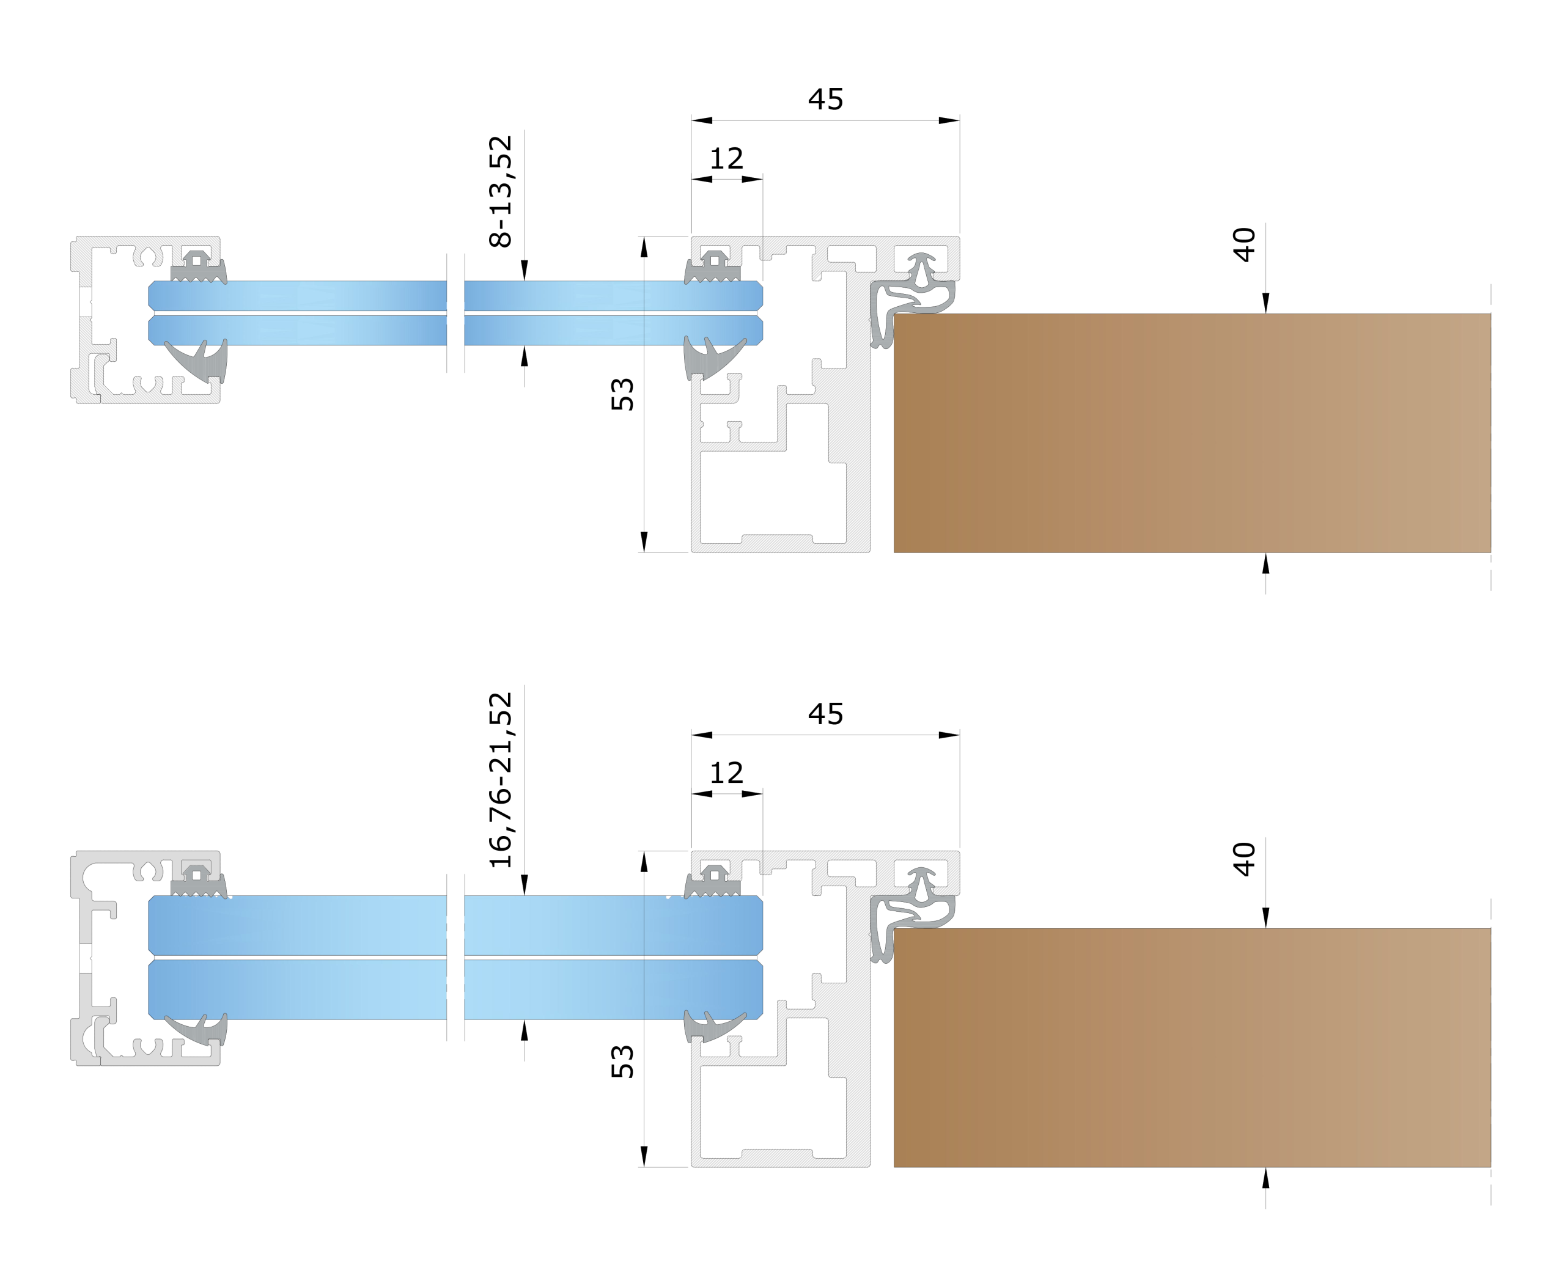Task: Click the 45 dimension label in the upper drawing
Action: click(826, 99)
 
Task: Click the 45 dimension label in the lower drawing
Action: click(826, 714)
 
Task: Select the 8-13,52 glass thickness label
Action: click(501, 191)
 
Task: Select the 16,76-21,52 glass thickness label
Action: click(501, 780)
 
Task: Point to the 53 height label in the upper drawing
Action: click(622, 394)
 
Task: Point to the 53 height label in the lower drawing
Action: click(622, 1062)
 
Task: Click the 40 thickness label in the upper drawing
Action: click(1244, 245)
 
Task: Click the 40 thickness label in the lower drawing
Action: click(1244, 859)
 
